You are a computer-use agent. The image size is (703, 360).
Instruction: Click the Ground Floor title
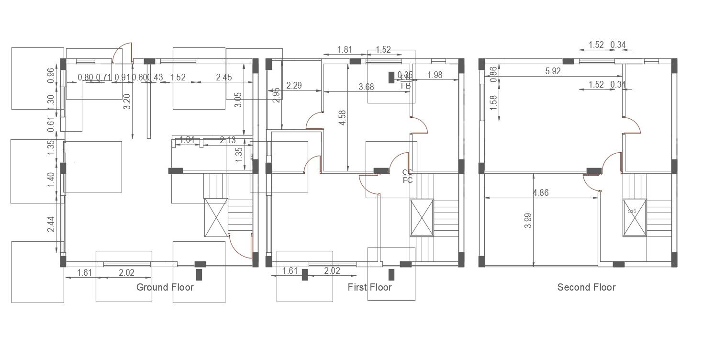pyautogui.click(x=165, y=287)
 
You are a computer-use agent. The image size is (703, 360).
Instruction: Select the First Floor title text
pyautogui.click(x=369, y=287)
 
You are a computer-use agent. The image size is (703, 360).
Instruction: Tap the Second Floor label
pyautogui.click(x=586, y=287)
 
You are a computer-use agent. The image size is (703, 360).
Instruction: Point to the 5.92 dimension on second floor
pyautogui.click(x=553, y=71)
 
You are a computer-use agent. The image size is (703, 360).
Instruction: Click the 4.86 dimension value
pyautogui.click(x=540, y=193)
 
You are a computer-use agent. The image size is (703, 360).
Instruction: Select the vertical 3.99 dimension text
pyautogui.click(x=527, y=220)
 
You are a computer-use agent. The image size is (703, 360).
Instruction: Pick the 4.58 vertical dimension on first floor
pyautogui.click(x=342, y=118)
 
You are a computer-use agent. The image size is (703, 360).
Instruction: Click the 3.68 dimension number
pyautogui.click(x=366, y=87)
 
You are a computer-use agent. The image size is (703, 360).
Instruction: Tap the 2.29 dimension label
pyautogui.click(x=294, y=86)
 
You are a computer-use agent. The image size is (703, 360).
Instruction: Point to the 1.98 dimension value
pyautogui.click(x=435, y=75)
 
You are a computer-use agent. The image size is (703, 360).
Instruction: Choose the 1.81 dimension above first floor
pyautogui.click(x=345, y=49)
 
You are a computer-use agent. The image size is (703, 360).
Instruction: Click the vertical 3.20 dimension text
pyautogui.click(x=127, y=101)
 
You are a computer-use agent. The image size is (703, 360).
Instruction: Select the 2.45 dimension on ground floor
pyautogui.click(x=223, y=77)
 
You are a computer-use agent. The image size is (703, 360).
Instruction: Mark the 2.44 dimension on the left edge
pyautogui.click(x=51, y=225)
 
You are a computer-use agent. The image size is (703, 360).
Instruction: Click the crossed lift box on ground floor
pyautogui.click(x=216, y=217)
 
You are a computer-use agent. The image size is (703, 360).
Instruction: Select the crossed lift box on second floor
pyautogui.click(x=634, y=218)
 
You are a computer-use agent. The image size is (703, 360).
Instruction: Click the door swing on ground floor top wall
pyautogui.click(x=123, y=53)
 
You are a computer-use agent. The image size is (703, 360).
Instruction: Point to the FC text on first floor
pyautogui.click(x=408, y=180)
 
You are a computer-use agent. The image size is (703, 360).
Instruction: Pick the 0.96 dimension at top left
pyautogui.click(x=51, y=76)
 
